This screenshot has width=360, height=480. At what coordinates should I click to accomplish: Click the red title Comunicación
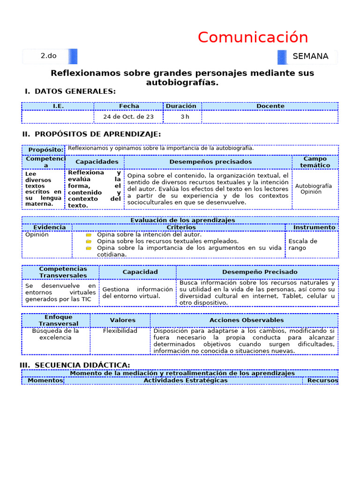tap(253, 37)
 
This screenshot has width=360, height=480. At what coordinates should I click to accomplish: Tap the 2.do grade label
tap(48, 56)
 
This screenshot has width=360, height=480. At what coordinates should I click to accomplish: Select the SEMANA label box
tap(310, 56)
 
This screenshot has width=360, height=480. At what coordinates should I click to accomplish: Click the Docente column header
tap(270, 106)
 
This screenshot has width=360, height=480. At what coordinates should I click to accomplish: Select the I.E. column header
tap(58, 106)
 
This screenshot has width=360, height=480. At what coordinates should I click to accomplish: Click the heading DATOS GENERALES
tap(75, 91)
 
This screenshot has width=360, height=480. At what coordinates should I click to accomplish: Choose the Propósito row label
tap(45, 150)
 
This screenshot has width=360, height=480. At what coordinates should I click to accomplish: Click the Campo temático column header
tap(315, 162)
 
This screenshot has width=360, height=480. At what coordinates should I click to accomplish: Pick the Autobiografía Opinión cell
tap(313, 188)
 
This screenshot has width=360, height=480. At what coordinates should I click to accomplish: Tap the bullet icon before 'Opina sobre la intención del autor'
tap(89, 235)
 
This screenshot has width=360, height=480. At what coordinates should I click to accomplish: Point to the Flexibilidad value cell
tap(120, 331)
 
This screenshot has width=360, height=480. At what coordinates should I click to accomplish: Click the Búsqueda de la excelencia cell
tap(55, 334)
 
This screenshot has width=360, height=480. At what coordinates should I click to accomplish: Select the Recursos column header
tap(322, 380)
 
